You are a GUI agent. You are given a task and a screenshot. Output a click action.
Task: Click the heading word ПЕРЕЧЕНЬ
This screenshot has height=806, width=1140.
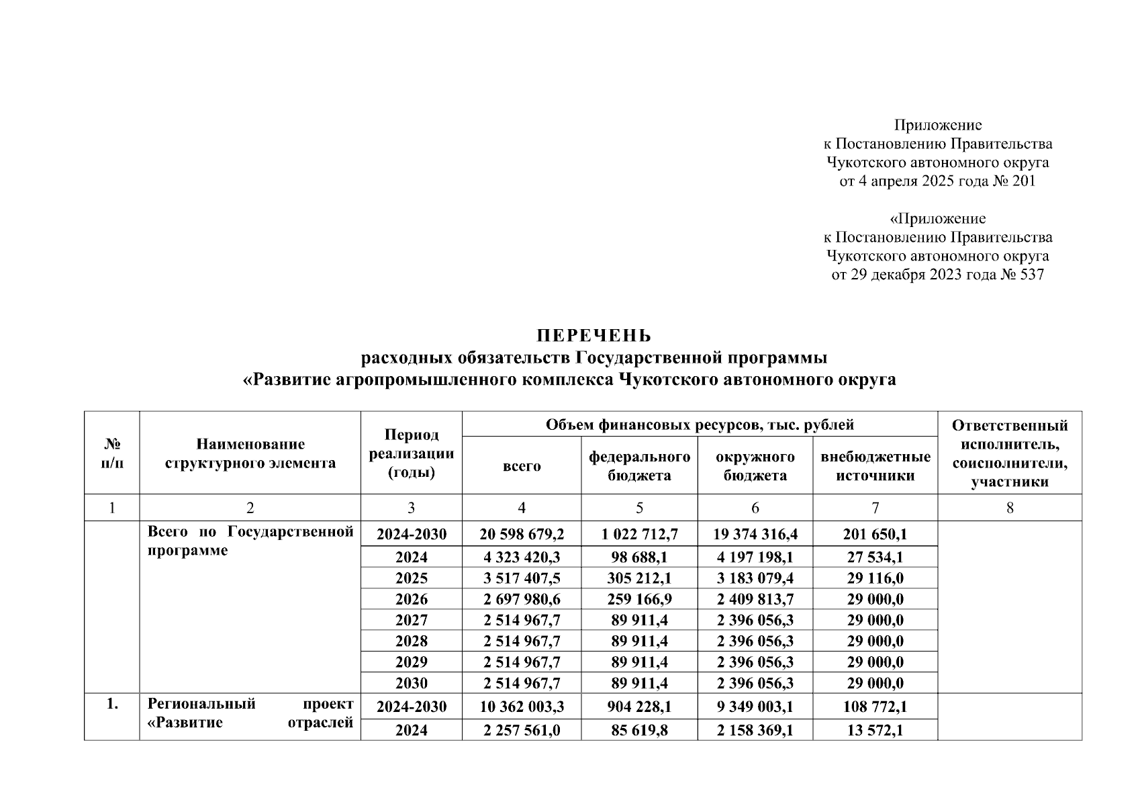[x=593, y=335]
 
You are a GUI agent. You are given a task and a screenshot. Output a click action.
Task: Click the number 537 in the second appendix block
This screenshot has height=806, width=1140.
[x=1031, y=275]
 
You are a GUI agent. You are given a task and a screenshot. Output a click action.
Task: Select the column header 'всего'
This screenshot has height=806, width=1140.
[x=522, y=466]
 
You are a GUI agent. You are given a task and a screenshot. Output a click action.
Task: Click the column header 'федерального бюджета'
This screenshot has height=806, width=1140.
[x=639, y=466]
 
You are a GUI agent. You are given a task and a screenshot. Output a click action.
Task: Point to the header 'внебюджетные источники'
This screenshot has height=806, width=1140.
[x=875, y=466]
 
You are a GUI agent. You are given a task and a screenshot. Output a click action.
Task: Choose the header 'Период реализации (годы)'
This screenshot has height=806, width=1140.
[x=411, y=453]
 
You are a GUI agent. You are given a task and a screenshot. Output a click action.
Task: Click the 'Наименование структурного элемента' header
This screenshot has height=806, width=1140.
[x=250, y=453]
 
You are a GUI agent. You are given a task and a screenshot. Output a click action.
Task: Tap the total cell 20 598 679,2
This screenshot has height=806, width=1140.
[x=522, y=535]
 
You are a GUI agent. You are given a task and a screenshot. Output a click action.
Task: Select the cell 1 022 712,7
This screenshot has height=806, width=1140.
[x=639, y=535]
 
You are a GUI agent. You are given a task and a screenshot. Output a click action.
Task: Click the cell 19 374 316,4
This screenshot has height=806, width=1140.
[x=755, y=535]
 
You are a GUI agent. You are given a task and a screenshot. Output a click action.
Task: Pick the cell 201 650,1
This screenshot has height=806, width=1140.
[x=875, y=535]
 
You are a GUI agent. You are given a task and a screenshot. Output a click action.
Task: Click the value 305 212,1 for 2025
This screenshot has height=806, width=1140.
[x=639, y=578]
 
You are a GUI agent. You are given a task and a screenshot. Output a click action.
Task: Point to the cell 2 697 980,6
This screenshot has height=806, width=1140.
[x=522, y=599]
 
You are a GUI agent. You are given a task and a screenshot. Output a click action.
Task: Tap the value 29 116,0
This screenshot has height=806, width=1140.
[x=875, y=578]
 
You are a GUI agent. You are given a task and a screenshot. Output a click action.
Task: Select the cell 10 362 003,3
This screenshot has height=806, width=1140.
[x=522, y=707]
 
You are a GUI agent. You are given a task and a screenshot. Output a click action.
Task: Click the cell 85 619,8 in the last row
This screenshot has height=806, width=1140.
[x=639, y=730]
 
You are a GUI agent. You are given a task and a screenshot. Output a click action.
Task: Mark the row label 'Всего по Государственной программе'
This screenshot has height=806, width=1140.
[x=250, y=541]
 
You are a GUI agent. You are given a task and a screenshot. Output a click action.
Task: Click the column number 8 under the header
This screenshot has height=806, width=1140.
[x=1009, y=508]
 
